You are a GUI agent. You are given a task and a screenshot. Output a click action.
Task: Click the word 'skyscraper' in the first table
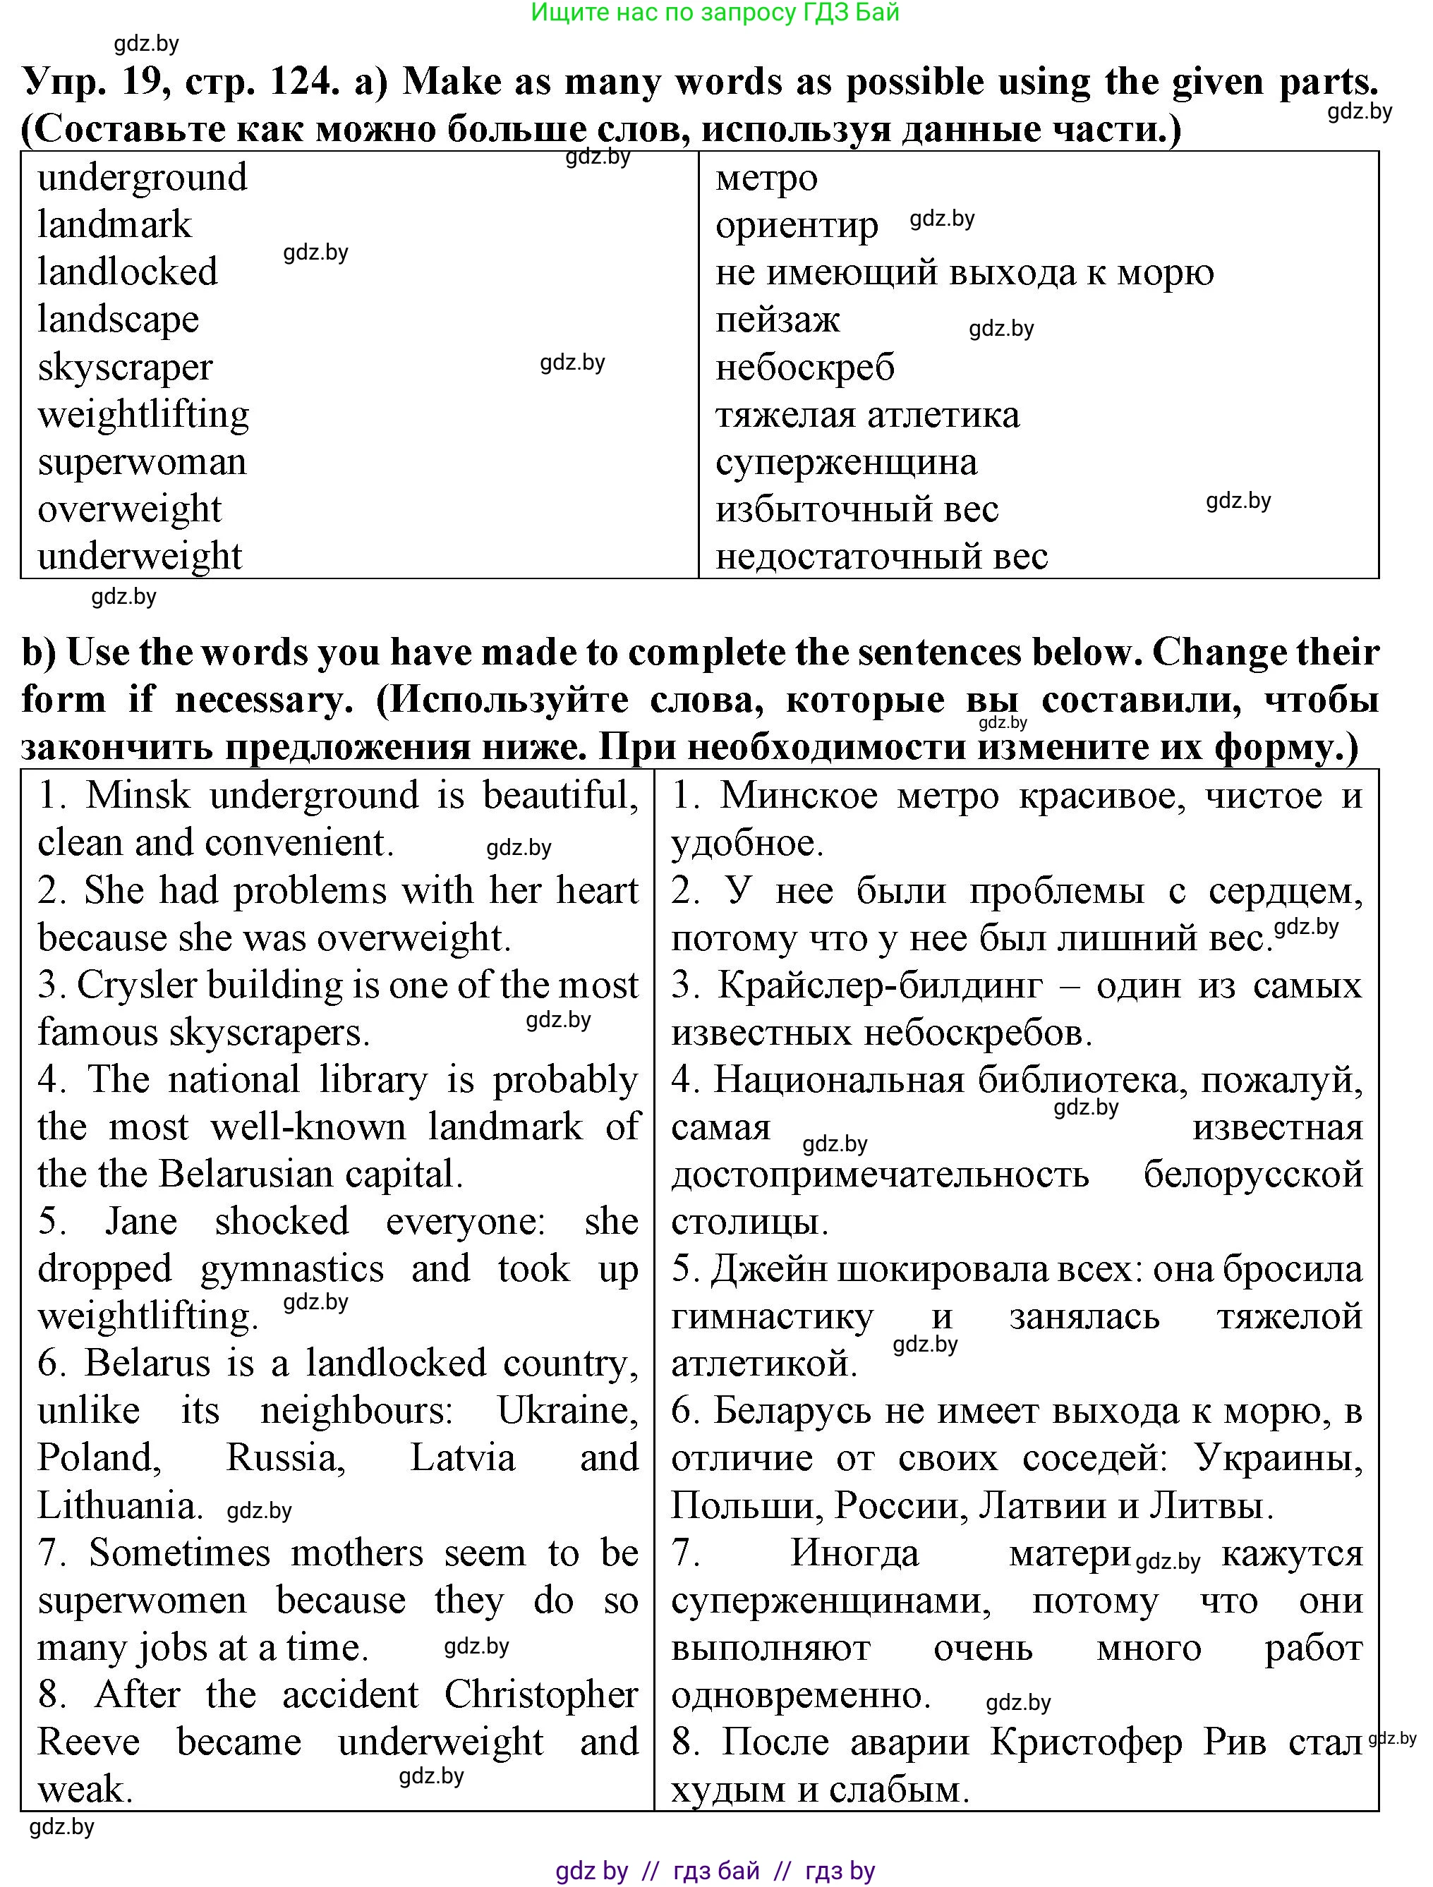coord(125,368)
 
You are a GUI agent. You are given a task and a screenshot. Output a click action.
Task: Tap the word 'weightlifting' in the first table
coord(143,415)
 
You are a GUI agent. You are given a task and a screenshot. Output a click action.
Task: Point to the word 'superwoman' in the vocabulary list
coord(142,462)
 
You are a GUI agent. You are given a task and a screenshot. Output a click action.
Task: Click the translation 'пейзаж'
coord(777,320)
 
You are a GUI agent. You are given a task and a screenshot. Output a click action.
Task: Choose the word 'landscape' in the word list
coord(118,320)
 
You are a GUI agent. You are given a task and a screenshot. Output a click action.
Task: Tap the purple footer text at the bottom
coord(715,1870)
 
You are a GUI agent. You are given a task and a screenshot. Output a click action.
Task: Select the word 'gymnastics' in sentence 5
coord(292,1268)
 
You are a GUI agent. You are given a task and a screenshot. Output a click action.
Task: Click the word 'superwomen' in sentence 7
coord(142,1601)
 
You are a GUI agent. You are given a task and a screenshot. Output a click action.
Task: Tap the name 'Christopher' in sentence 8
coord(540,1695)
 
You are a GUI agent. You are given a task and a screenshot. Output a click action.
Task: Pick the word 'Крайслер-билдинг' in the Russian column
coord(879,985)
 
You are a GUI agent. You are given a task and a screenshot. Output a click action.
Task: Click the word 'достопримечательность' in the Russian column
coord(879,1175)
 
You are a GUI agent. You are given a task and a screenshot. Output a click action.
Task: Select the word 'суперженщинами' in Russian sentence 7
coord(830,1601)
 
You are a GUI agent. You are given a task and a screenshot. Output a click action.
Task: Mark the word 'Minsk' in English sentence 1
coord(138,796)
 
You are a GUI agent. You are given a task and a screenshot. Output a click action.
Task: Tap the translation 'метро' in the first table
coord(766,178)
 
